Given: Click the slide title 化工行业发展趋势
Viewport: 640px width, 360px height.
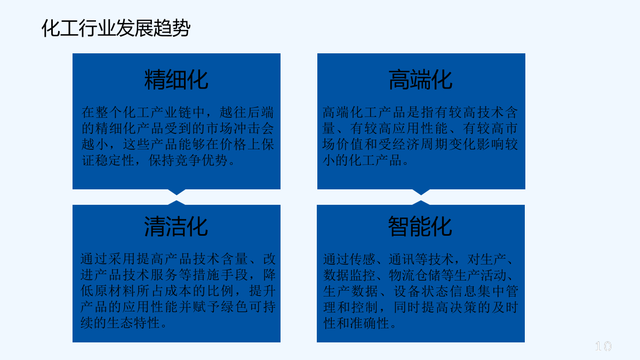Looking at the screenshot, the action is (x=116, y=28).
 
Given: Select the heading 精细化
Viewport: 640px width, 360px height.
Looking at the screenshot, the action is (x=177, y=79).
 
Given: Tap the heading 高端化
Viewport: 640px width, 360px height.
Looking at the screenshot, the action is (x=421, y=79).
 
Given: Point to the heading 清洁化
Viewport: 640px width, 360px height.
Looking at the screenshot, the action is (x=176, y=227).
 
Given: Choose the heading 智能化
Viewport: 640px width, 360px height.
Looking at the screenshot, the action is (x=420, y=227).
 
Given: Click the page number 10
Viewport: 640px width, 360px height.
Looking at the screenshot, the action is (x=603, y=346).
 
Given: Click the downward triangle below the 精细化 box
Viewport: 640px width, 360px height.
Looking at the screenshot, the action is (x=177, y=193).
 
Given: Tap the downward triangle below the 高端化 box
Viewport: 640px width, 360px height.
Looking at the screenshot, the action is (x=421, y=193).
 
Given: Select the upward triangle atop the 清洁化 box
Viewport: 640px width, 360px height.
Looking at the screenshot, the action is (x=177, y=203).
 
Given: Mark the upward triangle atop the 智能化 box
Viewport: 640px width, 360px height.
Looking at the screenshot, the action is (x=421, y=203).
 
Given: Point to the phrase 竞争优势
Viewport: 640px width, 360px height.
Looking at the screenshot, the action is (x=201, y=161).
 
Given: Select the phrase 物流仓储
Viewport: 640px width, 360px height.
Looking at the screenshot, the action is (x=414, y=275).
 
